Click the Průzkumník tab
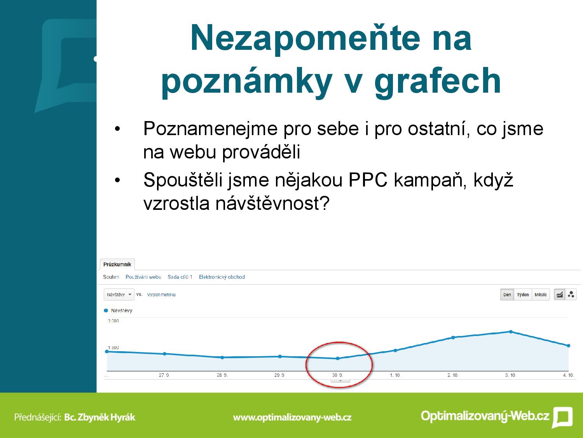pos(117,264)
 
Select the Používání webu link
pos(143,277)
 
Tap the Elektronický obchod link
pos(222,277)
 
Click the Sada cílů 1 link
pos(180,277)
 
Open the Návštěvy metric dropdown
pos(119,295)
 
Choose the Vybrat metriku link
pos(161,295)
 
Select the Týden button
pos(523,295)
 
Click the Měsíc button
pos(541,295)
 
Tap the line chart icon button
pos(560,295)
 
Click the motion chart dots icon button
pos(571,295)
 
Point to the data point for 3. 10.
pos(511,332)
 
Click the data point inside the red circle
pos(338,359)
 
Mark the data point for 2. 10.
pos(453,338)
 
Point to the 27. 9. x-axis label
pos(164,375)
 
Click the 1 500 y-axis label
pos(113,348)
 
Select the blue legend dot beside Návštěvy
pos(106,310)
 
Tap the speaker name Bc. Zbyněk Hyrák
pos(100,417)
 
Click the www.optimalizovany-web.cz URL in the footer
pos(292,417)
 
